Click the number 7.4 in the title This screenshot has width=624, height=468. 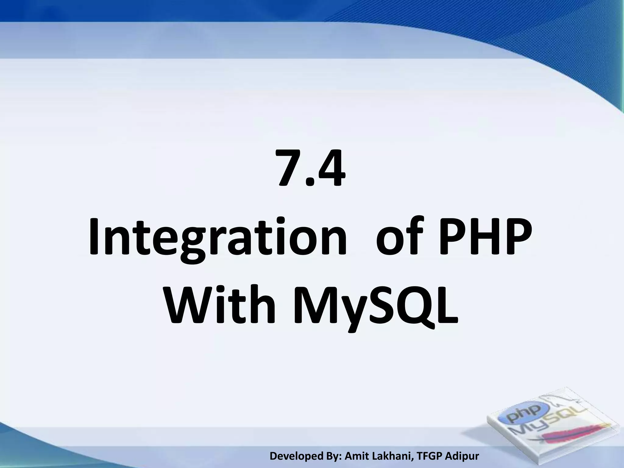point(311,168)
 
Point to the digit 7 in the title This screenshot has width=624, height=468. point(289,168)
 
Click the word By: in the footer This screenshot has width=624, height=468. point(335,456)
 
